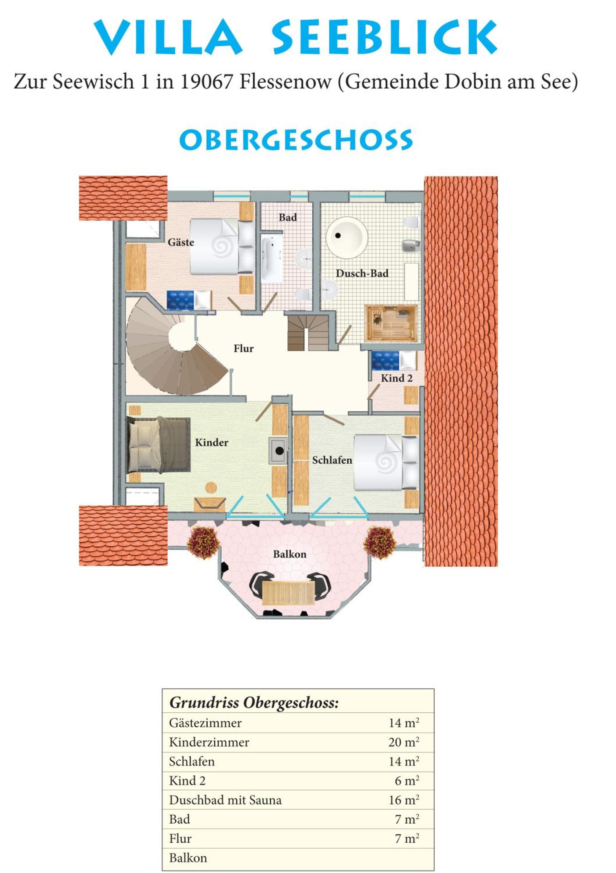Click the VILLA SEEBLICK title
pos(295,37)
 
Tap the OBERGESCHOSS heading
pos(296,140)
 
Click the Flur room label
pos(244,348)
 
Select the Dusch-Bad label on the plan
pos(362,273)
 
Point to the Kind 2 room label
pos(397,378)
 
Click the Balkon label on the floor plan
pos(290,554)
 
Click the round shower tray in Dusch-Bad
pos(347,237)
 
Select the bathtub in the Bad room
pos(272,259)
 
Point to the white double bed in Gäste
pos(222,246)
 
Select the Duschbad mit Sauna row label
pos(225,800)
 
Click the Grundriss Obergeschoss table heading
pos(254,703)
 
